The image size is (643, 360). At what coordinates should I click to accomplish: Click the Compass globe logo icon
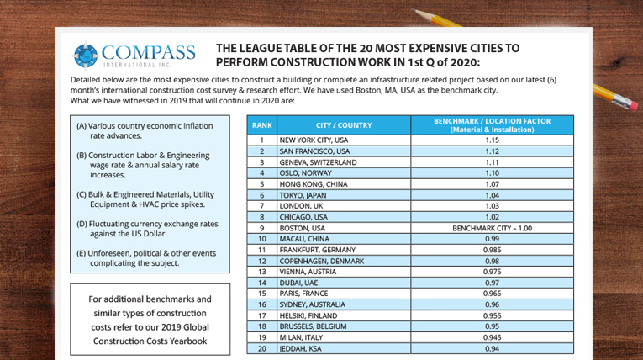tap(86, 56)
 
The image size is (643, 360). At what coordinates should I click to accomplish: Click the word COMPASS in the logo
tap(149, 51)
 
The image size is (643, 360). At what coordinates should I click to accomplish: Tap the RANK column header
tap(262, 125)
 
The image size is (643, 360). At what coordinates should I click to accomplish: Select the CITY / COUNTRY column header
tap(343, 125)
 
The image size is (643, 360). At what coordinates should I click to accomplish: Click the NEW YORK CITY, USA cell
tap(314, 140)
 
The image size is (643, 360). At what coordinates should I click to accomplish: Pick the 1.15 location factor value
tap(492, 140)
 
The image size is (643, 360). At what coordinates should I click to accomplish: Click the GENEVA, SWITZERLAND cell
tap(318, 161)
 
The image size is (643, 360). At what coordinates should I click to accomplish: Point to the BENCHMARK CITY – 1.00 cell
tap(492, 227)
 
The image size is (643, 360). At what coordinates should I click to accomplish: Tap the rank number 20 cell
tap(262, 347)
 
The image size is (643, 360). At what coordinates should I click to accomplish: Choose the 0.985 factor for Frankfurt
tap(492, 249)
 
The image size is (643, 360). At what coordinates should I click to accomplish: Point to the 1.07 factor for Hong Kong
tap(492, 183)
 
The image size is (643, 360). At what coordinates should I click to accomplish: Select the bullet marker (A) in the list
tap(82, 126)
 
